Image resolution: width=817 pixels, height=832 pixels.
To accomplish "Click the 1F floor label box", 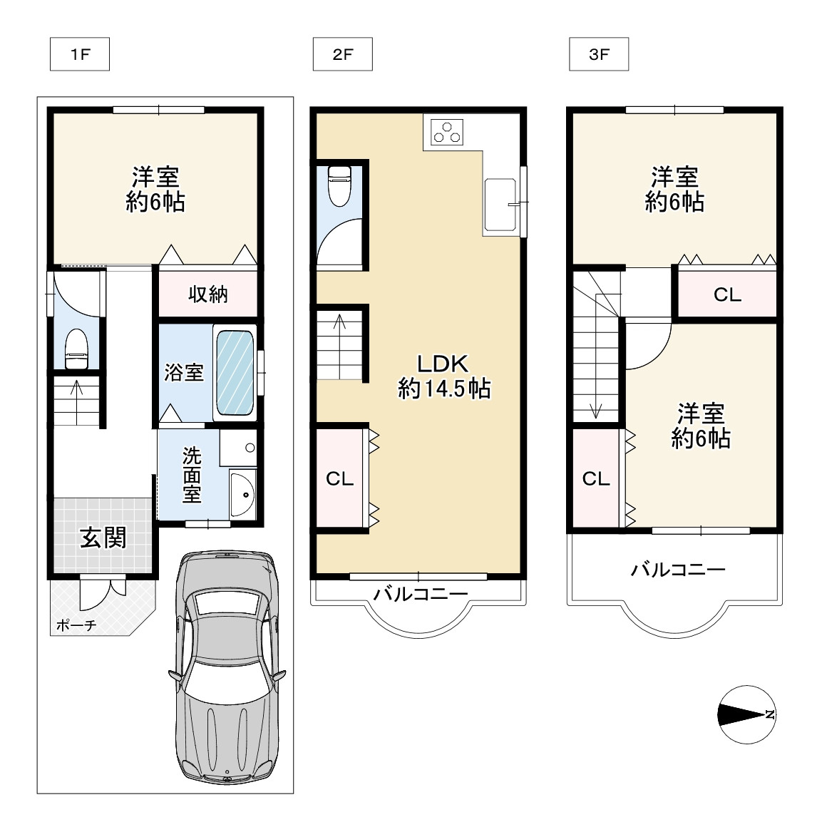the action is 80,54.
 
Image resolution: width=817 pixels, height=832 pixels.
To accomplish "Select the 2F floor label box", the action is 343,54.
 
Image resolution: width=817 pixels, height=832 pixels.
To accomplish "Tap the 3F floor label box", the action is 599,54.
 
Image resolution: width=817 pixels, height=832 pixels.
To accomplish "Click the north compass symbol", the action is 746,714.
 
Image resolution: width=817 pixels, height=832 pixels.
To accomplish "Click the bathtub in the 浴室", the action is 235,372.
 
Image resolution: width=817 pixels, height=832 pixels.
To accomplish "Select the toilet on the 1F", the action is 76,349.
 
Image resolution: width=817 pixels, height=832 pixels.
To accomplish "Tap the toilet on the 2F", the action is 339,185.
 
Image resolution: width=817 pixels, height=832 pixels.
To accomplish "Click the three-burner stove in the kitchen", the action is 447,132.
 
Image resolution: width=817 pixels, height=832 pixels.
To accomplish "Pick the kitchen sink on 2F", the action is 500,205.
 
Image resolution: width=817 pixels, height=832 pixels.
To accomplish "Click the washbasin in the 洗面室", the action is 242,495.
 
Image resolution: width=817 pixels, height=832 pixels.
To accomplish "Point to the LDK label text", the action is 443,364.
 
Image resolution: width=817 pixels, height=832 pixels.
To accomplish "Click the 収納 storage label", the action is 208,294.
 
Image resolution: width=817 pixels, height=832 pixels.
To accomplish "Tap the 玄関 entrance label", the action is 103,538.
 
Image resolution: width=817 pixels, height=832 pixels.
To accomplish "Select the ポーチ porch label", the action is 76,625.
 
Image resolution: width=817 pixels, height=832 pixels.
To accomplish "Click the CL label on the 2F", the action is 339,479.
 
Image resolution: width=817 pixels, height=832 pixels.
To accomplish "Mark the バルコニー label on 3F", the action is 678,570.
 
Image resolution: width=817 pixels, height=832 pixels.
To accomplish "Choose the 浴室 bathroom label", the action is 183,372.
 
